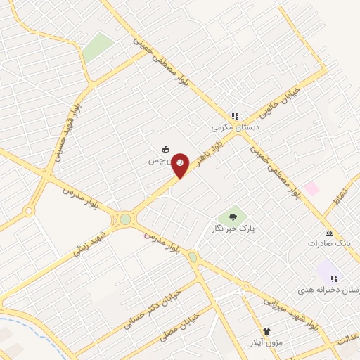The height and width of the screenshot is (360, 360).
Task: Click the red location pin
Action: click(181, 165)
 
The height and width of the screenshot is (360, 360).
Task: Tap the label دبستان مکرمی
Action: click(236, 128)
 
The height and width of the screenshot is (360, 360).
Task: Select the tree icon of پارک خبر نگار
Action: click(233, 217)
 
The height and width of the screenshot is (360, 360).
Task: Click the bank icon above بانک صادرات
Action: click(328, 233)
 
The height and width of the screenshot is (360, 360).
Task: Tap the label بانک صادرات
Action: click(328, 243)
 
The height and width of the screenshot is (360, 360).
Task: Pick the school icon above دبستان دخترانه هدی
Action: click(333, 279)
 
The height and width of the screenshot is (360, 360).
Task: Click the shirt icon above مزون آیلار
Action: click(266, 331)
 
